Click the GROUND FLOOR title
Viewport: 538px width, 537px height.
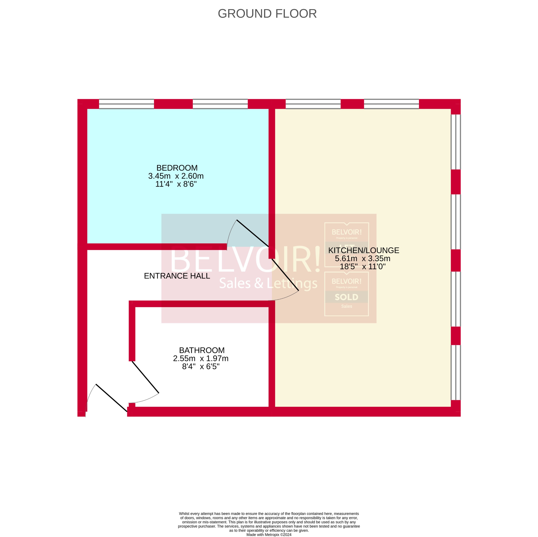[x=267, y=14]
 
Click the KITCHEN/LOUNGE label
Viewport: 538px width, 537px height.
[x=363, y=250]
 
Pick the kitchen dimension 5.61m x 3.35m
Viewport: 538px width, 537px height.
[x=362, y=258]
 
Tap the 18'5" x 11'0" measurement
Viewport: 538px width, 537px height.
[x=362, y=267]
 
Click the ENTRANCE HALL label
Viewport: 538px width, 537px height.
[x=177, y=276]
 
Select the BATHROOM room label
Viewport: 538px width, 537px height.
[x=202, y=350]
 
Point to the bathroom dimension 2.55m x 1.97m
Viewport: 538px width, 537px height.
[x=201, y=358]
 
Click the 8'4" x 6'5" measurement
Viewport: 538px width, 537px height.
[x=201, y=367]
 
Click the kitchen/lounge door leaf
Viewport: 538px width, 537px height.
[x=285, y=275]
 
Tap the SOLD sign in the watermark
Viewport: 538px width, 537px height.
[x=346, y=297]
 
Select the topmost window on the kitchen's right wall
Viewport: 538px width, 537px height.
[x=456, y=142]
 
